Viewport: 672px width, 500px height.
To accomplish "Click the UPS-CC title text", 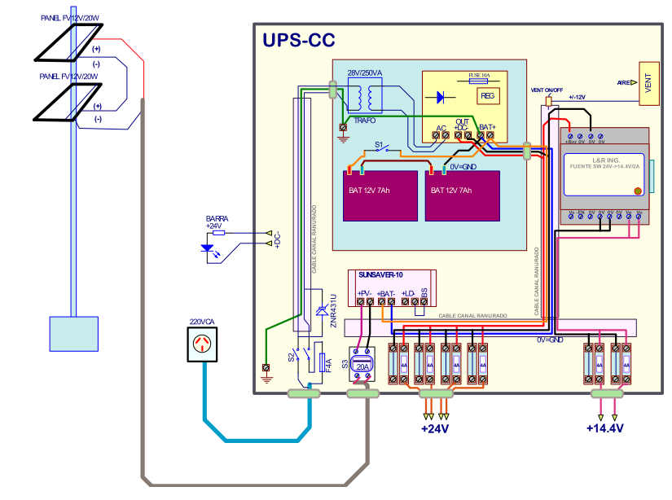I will [298, 42].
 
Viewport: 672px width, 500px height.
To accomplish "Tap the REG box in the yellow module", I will [487, 96].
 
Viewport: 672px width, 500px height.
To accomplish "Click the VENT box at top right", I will [649, 83].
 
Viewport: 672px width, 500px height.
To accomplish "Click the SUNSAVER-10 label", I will [381, 276].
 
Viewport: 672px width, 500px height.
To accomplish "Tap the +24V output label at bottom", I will [435, 428].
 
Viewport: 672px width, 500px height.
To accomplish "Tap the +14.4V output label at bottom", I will [604, 428].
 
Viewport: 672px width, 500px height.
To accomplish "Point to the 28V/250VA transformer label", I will [365, 73].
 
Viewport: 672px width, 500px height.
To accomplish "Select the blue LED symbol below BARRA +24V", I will [208, 248].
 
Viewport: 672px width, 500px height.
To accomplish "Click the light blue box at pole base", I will [74, 333].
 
